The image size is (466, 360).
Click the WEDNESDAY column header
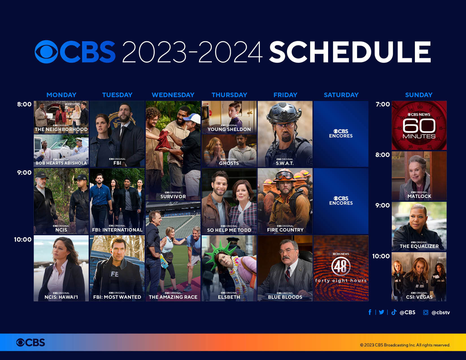click(x=173, y=95)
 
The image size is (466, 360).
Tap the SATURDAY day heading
click(x=341, y=95)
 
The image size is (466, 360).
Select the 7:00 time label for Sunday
click(x=383, y=104)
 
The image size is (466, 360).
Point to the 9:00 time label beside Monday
click(x=24, y=173)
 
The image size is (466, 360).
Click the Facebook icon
click(x=370, y=312)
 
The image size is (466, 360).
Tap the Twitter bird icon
click(x=382, y=312)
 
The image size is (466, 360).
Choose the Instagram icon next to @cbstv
click(x=426, y=312)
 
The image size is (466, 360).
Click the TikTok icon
click(x=394, y=312)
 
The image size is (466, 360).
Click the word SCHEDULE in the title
click(x=350, y=52)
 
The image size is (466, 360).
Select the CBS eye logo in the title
click(x=46, y=52)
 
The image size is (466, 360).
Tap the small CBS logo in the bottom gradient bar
click(x=31, y=342)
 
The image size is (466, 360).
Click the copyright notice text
click(x=405, y=345)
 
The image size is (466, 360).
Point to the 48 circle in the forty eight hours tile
click(x=341, y=266)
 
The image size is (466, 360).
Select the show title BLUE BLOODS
click(x=285, y=297)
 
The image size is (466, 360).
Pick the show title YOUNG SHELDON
click(x=229, y=130)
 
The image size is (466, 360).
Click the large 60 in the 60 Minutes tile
click(x=419, y=126)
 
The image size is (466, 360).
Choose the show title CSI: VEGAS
click(x=419, y=297)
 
